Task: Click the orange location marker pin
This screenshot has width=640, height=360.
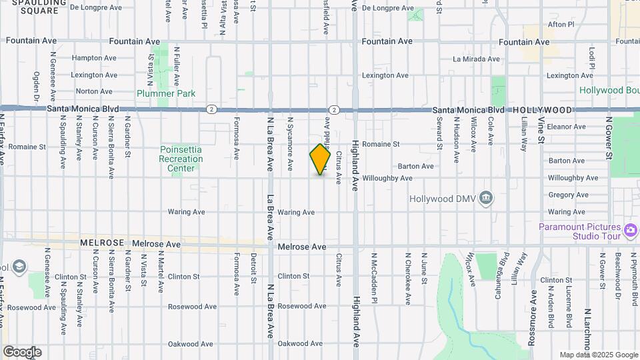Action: (x=321, y=159)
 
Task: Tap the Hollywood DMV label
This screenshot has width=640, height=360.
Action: (x=446, y=198)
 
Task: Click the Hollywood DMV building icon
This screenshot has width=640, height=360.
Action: (x=487, y=198)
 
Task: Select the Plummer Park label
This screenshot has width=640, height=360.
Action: (x=166, y=93)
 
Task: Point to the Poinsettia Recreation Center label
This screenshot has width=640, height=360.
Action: (x=181, y=159)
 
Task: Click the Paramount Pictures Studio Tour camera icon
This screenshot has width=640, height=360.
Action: (x=631, y=231)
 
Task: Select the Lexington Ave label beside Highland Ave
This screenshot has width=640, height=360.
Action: (x=385, y=75)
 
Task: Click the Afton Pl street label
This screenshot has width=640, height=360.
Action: (x=560, y=25)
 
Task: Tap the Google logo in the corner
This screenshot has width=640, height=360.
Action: (x=22, y=351)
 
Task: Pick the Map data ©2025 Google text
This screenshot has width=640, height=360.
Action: (x=599, y=355)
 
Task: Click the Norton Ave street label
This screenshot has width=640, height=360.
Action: (x=94, y=92)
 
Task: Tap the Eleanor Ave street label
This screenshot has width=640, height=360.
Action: (x=565, y=126)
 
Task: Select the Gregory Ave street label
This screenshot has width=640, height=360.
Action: (x=568, y=195)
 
